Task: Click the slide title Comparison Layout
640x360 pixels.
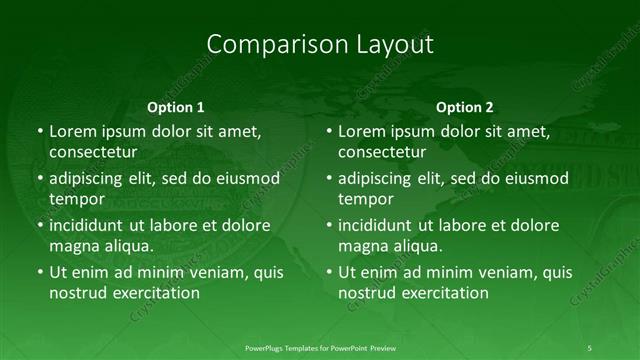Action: pyautogui.click(x=320, y=45)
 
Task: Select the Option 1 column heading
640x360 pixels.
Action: pyautogui.click(x=176, y=107)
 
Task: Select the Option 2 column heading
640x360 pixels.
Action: pyautogui.click(x=465, y=107)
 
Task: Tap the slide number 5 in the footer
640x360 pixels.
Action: pyautogui.click(x=590, y=347)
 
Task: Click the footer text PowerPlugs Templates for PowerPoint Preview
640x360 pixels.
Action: pyautogui.click(x=321, y=347)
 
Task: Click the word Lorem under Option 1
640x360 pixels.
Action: pyautogui.click(x=72, y=131)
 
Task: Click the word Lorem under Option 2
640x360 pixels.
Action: pyautogui.click(x=361, y=131)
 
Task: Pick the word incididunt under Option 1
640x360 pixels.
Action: pyautogui.click(x=91, y=225)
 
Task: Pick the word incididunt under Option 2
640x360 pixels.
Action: pyautogui.click(x=380, y=225)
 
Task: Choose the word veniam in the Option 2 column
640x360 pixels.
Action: pyautogui.click(x=497, y=272)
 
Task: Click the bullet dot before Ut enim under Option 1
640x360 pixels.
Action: pyautogui.click(x=39, y=272)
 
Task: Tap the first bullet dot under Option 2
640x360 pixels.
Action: pyautogui.click(x=328, y=131)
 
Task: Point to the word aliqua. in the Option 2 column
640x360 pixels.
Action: pyautogui.click(x=419, y=246)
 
